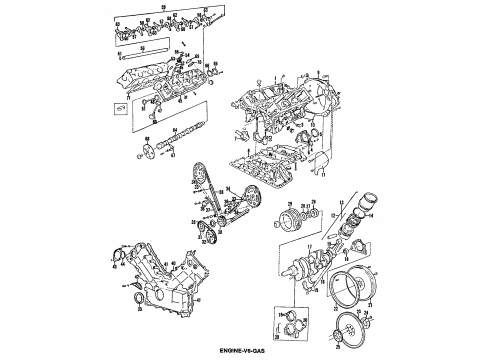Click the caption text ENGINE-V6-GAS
click(246, 351)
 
